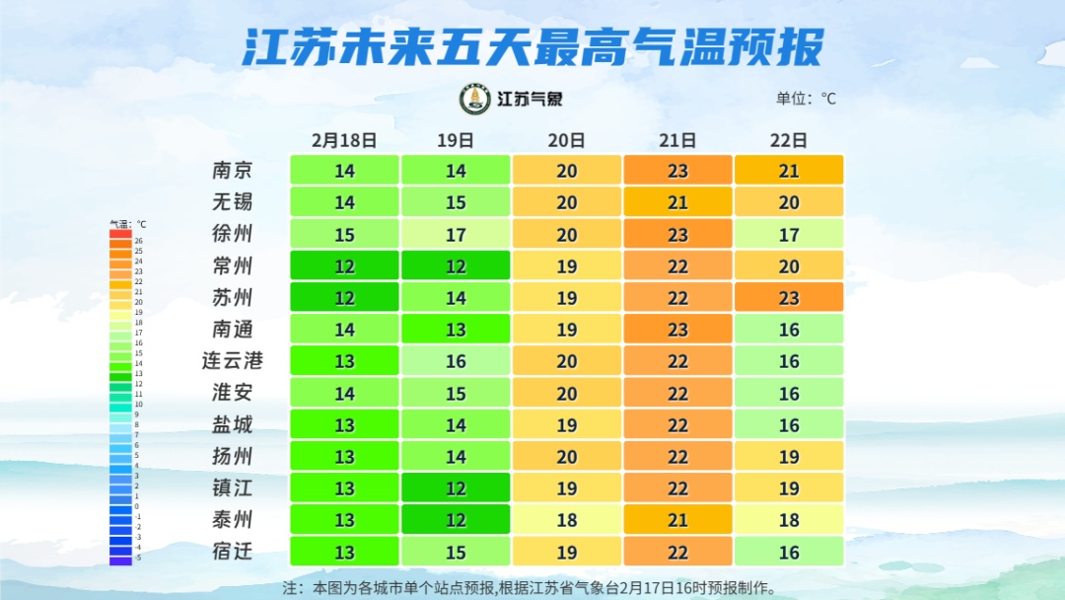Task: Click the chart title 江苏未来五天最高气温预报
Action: (x=532, y=47)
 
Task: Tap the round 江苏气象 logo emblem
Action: (x=475, y=99)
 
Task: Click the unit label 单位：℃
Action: (x=806, y=99)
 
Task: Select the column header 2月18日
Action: (x=344, y=140)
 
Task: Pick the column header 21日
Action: (x=677, y=140)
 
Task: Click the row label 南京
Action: (x=233, y=171)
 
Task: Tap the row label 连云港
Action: (x=233, y=361)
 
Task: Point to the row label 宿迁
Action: (x=233, y=552)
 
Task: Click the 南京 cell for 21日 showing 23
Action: (x=677, y=171)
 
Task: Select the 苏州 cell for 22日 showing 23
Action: (x=789, y=298)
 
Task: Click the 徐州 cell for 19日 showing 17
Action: (x=456, y=235)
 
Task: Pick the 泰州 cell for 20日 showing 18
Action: (x=567, y=520)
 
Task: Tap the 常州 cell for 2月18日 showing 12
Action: (x=344, y=266)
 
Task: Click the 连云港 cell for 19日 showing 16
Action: (x=456, y=361)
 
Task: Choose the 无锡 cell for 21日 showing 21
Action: (x=677, y=202)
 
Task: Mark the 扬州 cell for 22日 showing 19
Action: (x=789, y=457)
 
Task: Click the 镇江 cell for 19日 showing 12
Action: (x=456, y=488)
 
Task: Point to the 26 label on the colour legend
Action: (x=139, y=241)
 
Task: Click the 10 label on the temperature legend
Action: (x=139, y=405)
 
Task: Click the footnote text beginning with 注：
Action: (x=530, y=588)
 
